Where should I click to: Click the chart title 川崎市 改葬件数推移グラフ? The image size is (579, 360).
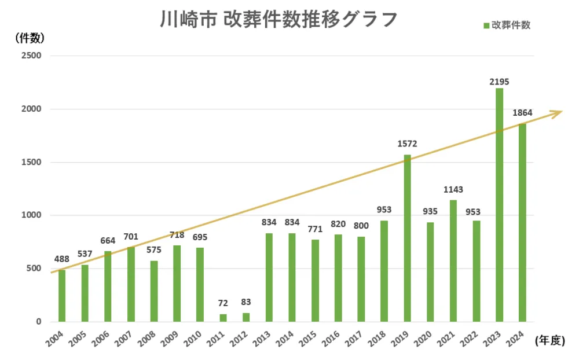[x=278, y=19]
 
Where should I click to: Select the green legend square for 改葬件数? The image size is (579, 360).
[x=486, y=25]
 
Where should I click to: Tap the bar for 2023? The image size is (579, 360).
[x=499, y=205]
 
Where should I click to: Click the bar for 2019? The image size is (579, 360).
[x=408, y=238]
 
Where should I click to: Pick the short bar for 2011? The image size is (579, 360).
[x=223, y=318]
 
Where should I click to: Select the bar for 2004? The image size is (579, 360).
[x=62, y=295]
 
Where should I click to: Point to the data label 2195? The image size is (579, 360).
[x=499, y=82]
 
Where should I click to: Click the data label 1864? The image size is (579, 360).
[x=522, y=113]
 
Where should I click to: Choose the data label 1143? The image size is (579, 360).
[x=453, y=189]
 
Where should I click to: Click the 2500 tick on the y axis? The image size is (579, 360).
[x=32, y=56]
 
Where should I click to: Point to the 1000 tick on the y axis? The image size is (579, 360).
[x=32, y=215]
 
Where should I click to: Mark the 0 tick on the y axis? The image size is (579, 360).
[x=39, y=321]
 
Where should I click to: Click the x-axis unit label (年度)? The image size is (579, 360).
[x=549, y=340]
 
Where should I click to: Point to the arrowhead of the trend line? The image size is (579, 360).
[x=559, y=112]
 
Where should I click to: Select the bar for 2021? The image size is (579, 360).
[x=453, y=260]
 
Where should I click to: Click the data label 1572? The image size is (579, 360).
[x=407, y=144]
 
